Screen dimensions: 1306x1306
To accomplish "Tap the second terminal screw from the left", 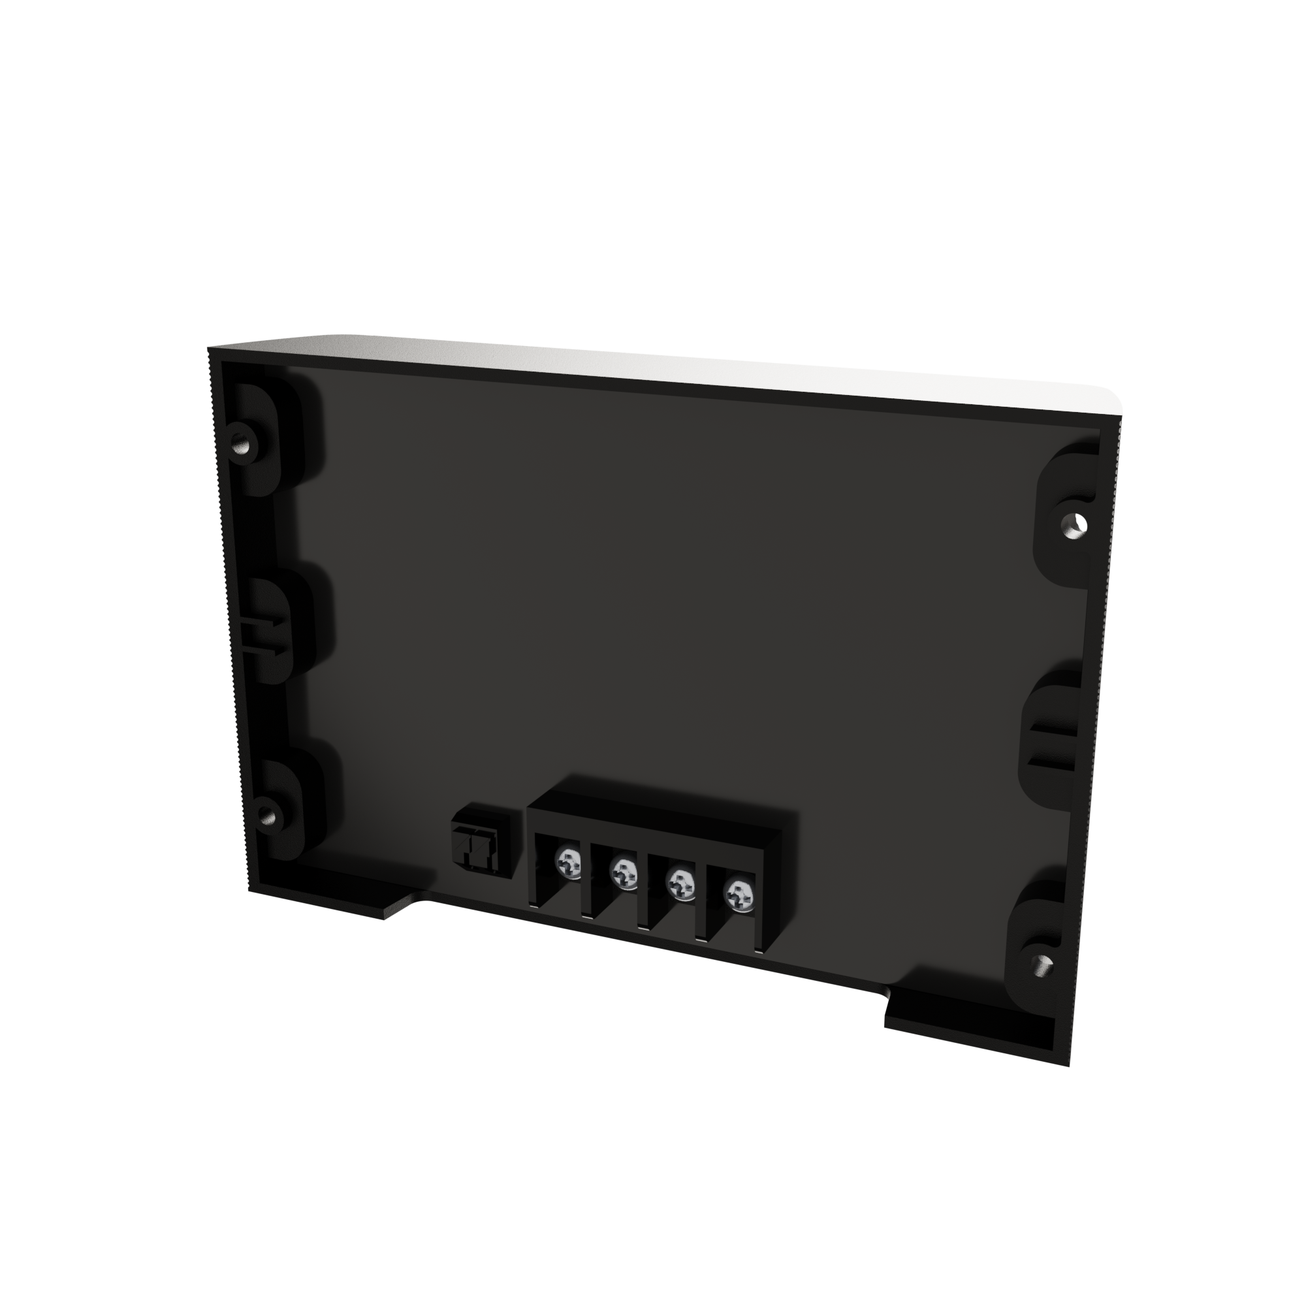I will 623,873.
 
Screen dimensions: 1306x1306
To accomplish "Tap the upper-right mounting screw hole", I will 1074,522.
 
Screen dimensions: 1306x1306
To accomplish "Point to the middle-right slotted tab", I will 1052,742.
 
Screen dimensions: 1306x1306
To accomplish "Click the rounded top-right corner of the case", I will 1112,402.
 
